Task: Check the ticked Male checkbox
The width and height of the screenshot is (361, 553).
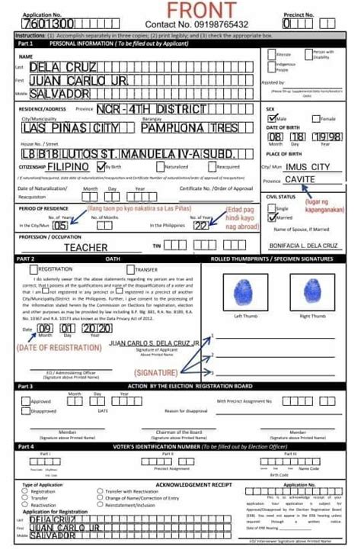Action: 271,118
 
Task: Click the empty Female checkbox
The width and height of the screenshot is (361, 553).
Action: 316,118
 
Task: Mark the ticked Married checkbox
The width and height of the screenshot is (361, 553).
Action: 271,217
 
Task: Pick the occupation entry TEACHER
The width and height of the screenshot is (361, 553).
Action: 85,247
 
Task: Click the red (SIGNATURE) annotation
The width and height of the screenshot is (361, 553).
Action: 156,372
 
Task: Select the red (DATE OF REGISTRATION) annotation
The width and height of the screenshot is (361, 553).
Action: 59,347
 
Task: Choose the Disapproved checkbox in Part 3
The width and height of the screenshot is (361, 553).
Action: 25,410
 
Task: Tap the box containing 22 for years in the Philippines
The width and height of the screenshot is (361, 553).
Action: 201,226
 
